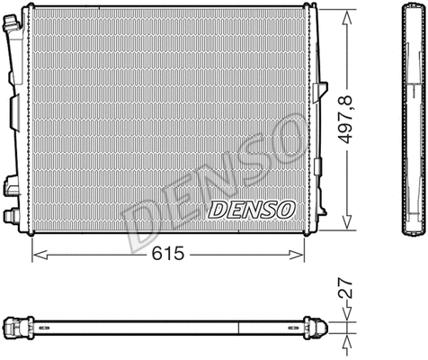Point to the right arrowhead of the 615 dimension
300,255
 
